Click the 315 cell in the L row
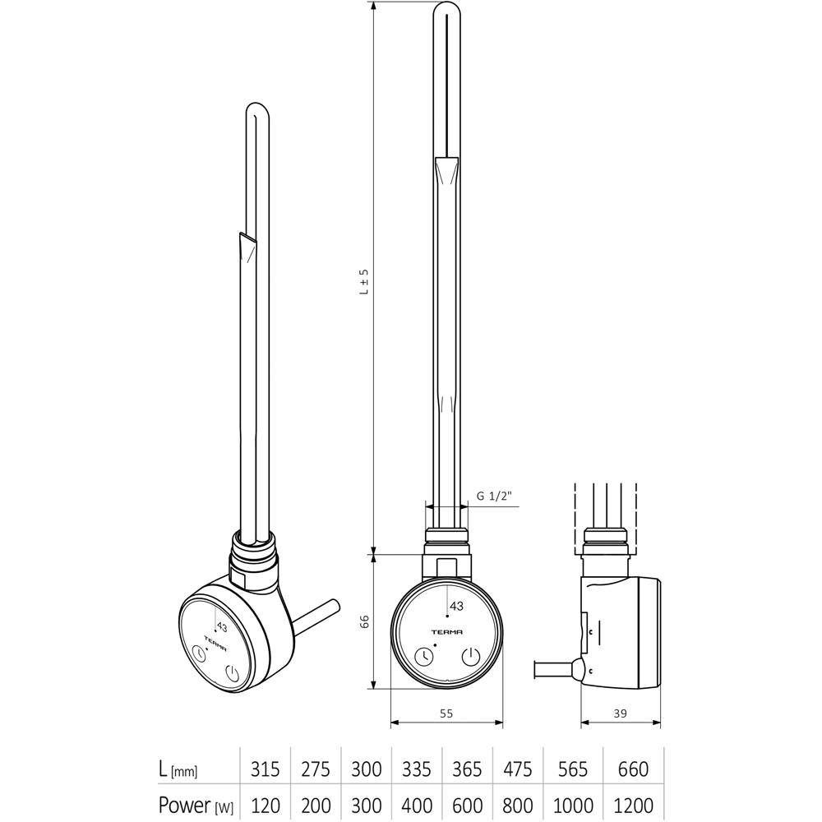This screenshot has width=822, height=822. tap(265, 769)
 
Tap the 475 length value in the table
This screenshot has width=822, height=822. tap(520, 769)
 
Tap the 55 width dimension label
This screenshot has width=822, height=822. tap(446, 714)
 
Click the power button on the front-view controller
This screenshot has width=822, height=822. tap(470, 657)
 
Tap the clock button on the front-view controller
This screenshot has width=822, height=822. tap(424, 657)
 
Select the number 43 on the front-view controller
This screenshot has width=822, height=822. tap(456, 607)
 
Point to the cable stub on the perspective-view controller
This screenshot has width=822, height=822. tap(317, 615)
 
